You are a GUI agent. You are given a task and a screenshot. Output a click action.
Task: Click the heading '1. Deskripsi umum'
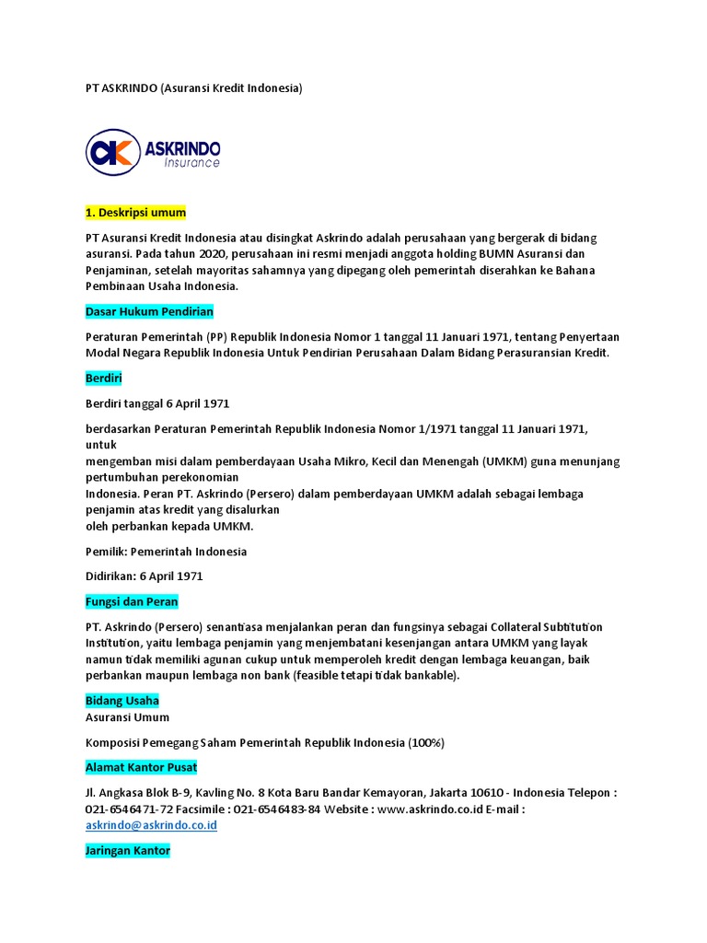pyautogui.click(x=135, y=213)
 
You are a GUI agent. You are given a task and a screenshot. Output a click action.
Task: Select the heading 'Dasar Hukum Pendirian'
pyautogui.click(x=149, y=311)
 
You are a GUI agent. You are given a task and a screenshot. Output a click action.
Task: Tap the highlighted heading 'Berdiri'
pyautogui.click(x=103, y=378)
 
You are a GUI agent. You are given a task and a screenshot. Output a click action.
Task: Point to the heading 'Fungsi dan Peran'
pyautogui.click(x=132, y=601)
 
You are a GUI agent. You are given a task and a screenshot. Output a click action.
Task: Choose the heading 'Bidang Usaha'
pyautogui.click(x=122, y=701)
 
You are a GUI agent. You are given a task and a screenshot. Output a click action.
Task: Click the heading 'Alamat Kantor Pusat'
pyautogui.click(x=141, y=767)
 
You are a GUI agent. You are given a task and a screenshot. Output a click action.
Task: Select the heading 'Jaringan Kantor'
pyautogui.click(x=128, y=851)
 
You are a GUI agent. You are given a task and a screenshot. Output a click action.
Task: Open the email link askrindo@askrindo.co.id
pyautogui.click(x=151, y=825)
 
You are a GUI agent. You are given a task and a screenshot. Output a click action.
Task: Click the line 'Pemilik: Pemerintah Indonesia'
pyautogui.click(x=166, y=552)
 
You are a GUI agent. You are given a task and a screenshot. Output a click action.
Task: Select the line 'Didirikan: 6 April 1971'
pyautogui.click(x=144, y=576)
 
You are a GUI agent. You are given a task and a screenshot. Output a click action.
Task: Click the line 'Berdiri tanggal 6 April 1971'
pyautogui.click(x=157, y=403)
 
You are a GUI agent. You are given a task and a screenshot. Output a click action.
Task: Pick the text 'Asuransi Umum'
pyautogui.click(x=127, y=716)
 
